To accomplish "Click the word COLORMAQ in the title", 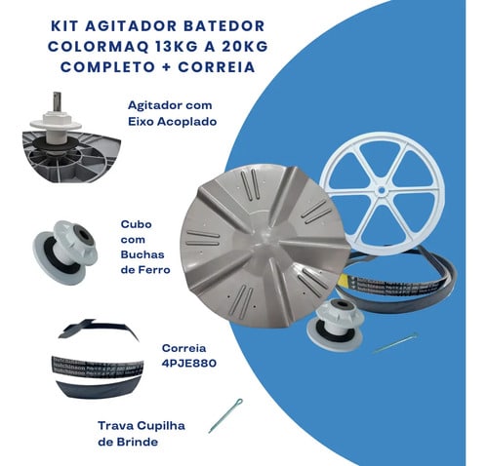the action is [x=99, y=47].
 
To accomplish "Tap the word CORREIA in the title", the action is [x=217, y=67].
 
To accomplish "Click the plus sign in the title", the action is [x=166, y=67].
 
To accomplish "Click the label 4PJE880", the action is [x=189, y=364].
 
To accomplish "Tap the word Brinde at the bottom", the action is [x=138, y=442].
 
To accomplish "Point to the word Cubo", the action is [x=136, y=224].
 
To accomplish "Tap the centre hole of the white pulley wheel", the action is [x=382, y=190].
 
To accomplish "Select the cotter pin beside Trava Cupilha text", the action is [x=225, y=415].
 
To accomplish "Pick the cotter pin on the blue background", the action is [x=395, y=343].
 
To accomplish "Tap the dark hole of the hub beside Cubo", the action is [x=85, y=235].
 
